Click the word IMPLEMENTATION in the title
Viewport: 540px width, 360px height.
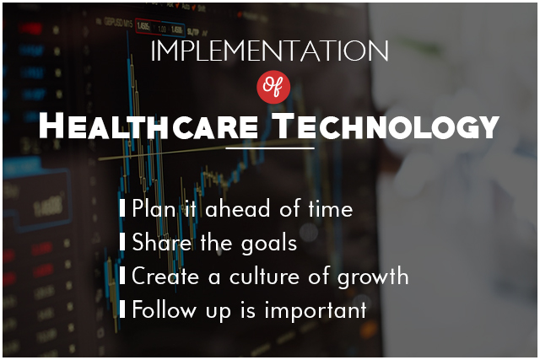(x=270, y=51)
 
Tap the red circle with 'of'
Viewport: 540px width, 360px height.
(x=273, y=87)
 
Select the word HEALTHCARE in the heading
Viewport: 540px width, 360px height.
(x=148, y=126)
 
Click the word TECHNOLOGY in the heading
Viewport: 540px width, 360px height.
(x=386, y=126)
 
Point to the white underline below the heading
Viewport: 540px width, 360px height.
(x=270, y=148)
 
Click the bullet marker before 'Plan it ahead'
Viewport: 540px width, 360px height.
(x=121, y=207)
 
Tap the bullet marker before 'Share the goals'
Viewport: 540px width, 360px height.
(x=121, y=242)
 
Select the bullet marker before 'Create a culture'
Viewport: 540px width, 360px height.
(x=121, y=276)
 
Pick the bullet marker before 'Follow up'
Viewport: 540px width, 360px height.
(x=121, y=309)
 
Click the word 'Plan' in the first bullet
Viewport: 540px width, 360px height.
(x=154, y=208)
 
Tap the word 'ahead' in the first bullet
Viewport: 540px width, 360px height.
(x=238, y=208)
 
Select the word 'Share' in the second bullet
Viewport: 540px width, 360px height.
(x=162, y=242)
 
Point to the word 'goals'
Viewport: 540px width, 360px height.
(x=269, y=244)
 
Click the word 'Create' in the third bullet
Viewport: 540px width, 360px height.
(x=165, y=276)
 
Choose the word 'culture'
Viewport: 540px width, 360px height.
(x=264, y=276)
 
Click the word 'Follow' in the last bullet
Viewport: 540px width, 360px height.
(x=165, y=309)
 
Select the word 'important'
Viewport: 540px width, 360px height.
(x=316, y=311)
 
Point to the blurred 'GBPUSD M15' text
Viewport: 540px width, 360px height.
(x=118, y=23)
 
